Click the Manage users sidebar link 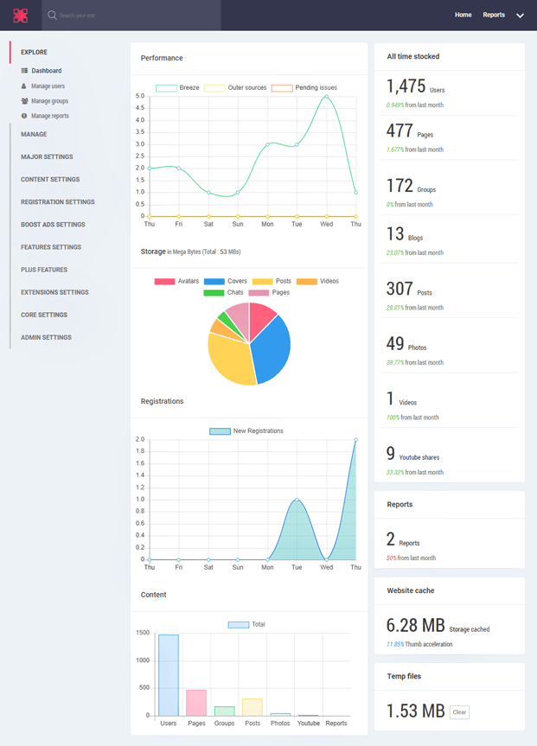click(x=48, y=86)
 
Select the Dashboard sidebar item click(x=46, y=71)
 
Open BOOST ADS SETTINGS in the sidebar click(x=53, y=225)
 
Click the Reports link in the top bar click(x=494, y=15)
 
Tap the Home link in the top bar click(x=463, y=15)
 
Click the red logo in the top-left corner click(x=20, y=15)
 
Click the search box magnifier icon click(x=52, y=16)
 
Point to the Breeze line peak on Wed click(x=326, y=97)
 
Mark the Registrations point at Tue click(x=297, y=500)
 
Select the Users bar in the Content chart click(x=169, y=675)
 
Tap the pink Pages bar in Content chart click(x=196, y=702)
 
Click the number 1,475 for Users click(x=406, y=86)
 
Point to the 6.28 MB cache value click(x=415, y=625)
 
